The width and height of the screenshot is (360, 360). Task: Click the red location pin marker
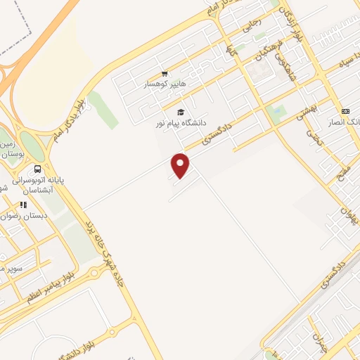point(181,165)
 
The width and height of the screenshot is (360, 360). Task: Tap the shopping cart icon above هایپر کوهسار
point(165,73)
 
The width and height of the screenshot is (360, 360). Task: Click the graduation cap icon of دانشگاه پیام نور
point(180,112)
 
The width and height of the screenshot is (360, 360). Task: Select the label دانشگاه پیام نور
point(181,123)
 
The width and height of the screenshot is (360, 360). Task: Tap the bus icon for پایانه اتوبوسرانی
point(37,169)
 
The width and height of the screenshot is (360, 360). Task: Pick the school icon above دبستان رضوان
point(23,205)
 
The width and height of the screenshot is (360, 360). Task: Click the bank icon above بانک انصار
point(345,111)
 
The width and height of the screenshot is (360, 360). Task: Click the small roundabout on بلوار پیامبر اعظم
point(94,273)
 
